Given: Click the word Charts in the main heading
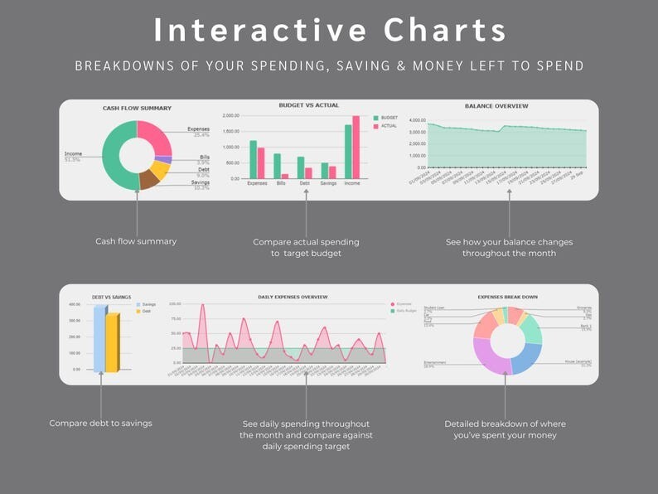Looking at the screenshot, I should coord(445,30).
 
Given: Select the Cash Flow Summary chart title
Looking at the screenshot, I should coord(137,108).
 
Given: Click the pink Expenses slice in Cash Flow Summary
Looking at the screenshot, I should coord(156,136).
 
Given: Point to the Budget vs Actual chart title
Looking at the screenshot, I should coord(308,105).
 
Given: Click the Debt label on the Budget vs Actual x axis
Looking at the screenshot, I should coord(305,183).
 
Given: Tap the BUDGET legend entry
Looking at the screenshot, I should coord(388,118).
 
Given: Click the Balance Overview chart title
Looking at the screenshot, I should coord(496,106).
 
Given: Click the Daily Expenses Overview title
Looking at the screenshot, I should coord(293,297).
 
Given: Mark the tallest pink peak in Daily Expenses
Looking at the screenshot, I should coord(202,308).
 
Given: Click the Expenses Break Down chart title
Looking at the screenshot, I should coord(507,297).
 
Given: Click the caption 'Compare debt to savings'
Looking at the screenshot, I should coord(100,424).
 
